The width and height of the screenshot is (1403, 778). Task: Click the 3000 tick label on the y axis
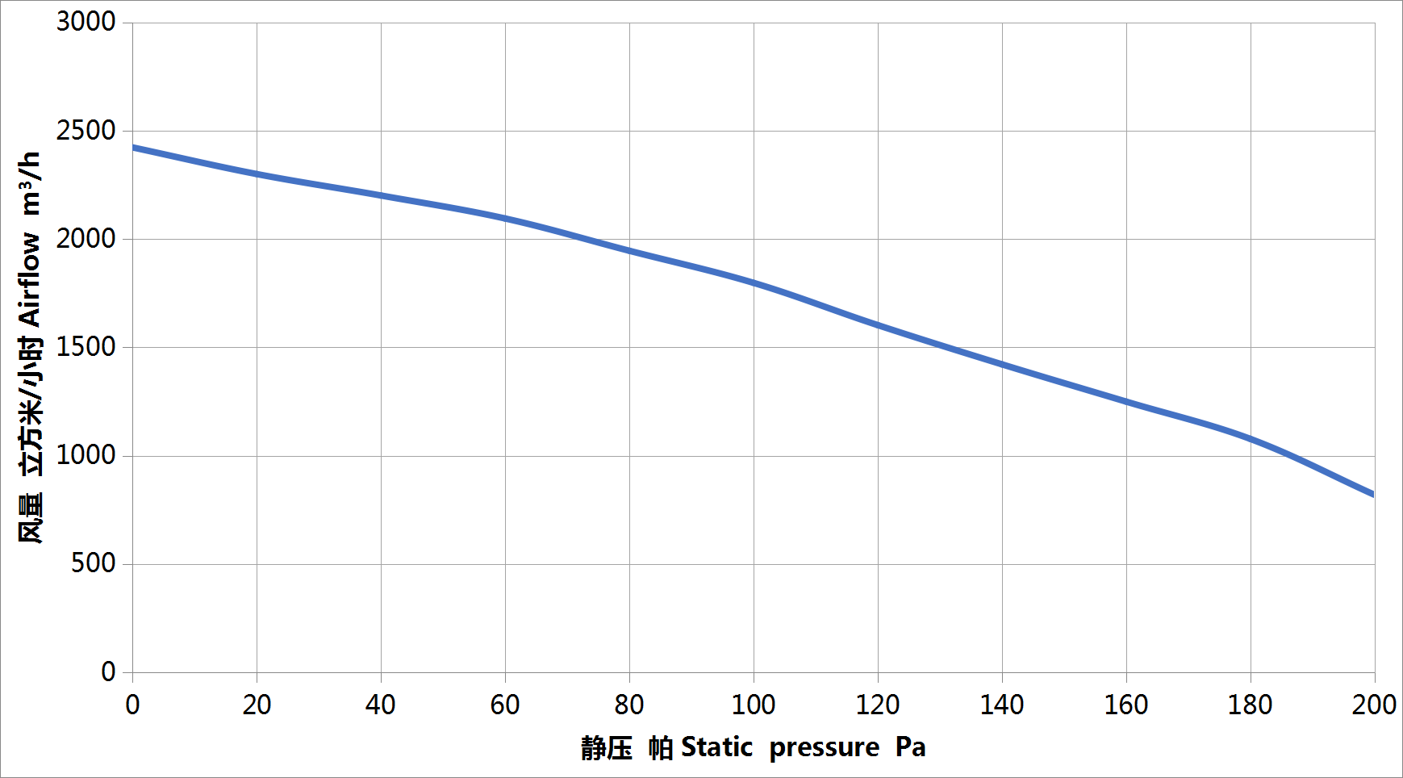(86, 22)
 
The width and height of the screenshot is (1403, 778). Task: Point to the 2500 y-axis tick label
(86, 130)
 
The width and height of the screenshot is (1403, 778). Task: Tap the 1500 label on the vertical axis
(86, 347)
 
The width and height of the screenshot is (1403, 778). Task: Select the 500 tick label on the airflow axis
(93, 563)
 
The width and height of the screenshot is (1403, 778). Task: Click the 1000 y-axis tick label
(86, 455)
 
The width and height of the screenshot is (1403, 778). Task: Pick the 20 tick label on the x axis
(257, 705)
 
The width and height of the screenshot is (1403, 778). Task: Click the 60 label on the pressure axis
(505, 705)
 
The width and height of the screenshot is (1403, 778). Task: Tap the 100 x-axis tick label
(754, 705)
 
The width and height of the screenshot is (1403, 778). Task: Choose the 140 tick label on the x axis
(1002, 705)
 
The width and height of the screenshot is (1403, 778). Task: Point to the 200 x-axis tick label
(1374, 705)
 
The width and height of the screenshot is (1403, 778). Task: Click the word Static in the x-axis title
(716, 747)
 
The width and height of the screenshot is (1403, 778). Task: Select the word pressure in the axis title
(824, 748)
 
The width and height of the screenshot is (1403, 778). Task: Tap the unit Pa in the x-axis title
(910, 747)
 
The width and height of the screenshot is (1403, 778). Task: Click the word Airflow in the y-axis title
(30, 279)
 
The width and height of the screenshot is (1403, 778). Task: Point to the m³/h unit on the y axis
(30, 183)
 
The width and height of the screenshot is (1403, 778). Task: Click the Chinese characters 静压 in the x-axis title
(607, 748)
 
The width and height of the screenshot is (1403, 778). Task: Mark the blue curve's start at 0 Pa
(133, 148)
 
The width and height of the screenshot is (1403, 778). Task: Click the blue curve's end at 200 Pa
(1373, 495)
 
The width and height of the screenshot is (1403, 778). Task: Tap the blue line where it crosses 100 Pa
(754, 282)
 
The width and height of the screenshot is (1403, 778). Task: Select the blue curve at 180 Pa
(1251, 439)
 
